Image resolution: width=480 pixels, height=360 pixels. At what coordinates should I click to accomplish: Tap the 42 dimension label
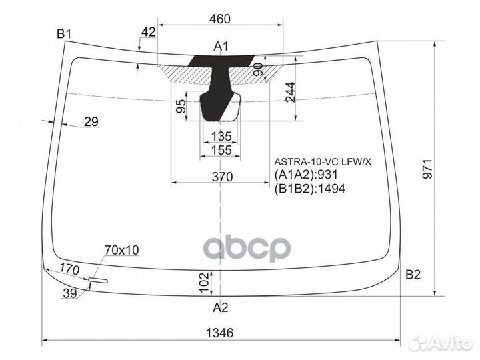[x=149, y=33]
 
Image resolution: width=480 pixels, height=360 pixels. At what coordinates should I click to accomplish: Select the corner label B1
[x=64, y=33]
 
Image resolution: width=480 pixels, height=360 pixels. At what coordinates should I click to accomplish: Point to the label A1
[x=221, y=46]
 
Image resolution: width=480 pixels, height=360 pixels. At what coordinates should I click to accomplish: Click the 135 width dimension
[x=221, y=137]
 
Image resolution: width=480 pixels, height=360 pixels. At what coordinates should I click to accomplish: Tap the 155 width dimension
[x=221, y=151]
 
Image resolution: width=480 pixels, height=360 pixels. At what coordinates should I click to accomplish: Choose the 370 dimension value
[x=222, y=177]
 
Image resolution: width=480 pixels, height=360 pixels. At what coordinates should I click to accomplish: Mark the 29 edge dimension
[x=91, y=121]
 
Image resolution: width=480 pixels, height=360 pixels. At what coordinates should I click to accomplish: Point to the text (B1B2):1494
[x=310, y=189]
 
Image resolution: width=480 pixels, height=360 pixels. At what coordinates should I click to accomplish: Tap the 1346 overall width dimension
[x=221, y=333]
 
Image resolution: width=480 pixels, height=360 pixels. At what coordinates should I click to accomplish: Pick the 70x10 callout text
[x=121, y=250]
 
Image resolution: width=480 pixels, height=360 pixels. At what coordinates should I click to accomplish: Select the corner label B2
[x=413, y=274]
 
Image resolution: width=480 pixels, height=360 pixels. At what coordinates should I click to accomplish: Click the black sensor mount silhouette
[x=219, y=87]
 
